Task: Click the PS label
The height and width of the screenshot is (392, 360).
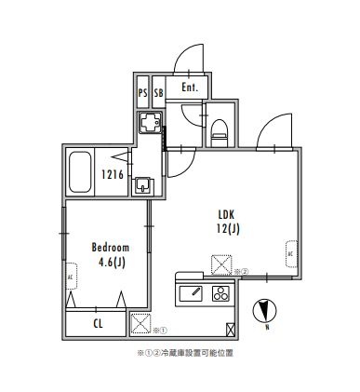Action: pos(142,92)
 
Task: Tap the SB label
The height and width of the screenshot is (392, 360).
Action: pos(158,92)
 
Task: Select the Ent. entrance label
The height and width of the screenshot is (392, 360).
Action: pos(189,88)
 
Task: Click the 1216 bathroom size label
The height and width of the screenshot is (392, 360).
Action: pos(113,174)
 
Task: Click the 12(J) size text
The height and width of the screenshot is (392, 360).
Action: pos(229,228)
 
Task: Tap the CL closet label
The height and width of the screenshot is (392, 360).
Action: pos(98,323)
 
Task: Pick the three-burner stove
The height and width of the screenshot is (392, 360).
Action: pos(221,294)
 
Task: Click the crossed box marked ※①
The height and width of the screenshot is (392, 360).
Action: pos(140,324)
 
